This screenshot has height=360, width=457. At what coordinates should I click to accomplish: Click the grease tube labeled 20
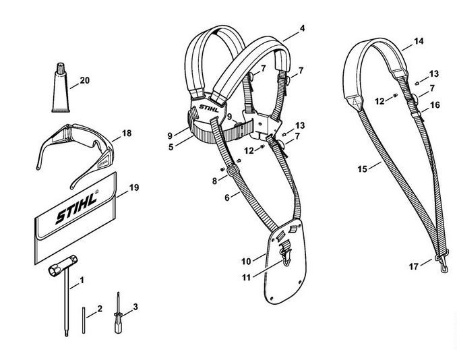coord(61,88)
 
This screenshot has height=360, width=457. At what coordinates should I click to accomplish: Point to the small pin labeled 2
coord(84,320)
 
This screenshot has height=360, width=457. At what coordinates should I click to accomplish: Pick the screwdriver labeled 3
coord(119,314)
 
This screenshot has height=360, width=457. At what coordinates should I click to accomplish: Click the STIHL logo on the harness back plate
coord(209,108)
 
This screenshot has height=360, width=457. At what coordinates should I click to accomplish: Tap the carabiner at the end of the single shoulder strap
coord(442,264)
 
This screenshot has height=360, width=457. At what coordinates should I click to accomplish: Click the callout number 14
coord(419,41)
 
